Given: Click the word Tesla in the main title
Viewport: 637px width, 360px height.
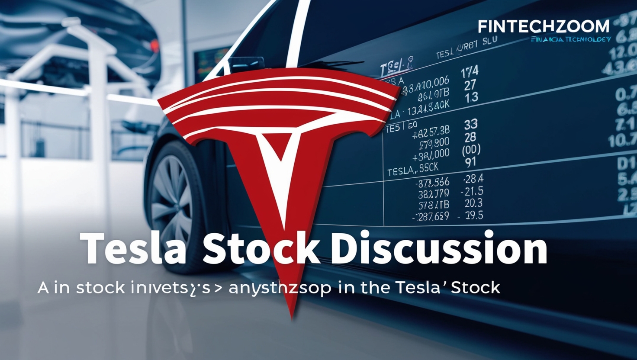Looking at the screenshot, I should click(x=133, y=250).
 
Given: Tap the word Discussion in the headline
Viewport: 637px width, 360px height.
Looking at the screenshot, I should click(x=441, y=250).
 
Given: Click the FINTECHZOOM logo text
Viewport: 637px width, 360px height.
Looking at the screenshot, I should click(x=544, y=27).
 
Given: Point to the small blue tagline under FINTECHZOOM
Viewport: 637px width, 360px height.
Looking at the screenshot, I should click(x=570, y=39).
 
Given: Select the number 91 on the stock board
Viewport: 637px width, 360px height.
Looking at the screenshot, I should click(x=470, y=162).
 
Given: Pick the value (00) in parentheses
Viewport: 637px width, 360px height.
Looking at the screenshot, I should click(x=471, y=150).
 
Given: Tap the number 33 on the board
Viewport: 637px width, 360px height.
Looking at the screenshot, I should click(x=471, y=125).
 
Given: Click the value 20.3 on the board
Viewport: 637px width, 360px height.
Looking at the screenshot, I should click(x=473, y=203).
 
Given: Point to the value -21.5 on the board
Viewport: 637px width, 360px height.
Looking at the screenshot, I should click(x=472, y=191).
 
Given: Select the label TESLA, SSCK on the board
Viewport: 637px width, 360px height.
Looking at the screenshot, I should click(x=413, y=169).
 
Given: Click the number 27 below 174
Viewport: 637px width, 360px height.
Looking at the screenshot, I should click(x=470, y=85).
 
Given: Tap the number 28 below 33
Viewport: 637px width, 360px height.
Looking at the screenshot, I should click(x=470, y=138).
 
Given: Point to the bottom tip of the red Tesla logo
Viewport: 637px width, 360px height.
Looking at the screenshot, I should click(x=293, y=317).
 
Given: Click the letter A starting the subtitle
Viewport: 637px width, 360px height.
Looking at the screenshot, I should click(x=43, y=287).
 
